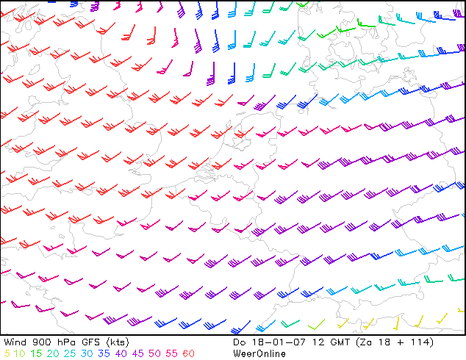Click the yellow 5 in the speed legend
click(7, 353)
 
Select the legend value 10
click(18, 353)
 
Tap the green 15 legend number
click(36, 353)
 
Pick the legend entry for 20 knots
click(53, 353)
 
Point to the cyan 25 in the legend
click(70, 353)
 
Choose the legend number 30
click(87, 353)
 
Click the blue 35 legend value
click(104, 353)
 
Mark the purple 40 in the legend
click(121, 353)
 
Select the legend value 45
click(138, 353)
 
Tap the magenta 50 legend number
click(155, 353)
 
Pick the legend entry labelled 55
click(172, 353)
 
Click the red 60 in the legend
click(189, 353)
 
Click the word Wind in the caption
click(15, 342)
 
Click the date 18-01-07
click(279, 342)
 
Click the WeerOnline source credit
click(259, 353)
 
